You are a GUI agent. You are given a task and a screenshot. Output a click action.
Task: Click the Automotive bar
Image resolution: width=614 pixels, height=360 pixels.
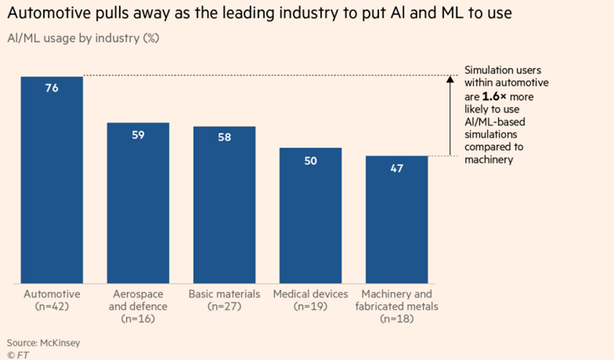52,185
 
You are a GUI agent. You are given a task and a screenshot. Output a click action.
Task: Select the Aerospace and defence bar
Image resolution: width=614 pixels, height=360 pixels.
138,206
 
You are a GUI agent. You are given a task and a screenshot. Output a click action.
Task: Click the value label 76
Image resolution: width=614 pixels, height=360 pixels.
52,89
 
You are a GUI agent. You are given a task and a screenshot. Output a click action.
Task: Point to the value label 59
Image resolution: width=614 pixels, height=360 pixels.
138,135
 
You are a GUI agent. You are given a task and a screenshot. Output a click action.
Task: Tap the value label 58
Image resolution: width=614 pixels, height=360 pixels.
224,138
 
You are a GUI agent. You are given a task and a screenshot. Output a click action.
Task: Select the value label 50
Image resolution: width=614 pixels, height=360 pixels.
310,160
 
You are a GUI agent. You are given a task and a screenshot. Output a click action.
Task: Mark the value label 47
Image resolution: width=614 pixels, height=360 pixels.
397,169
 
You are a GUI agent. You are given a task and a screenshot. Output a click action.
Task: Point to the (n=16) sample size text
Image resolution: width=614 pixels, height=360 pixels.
138,320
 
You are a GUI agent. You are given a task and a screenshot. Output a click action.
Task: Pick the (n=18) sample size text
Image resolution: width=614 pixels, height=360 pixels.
397,320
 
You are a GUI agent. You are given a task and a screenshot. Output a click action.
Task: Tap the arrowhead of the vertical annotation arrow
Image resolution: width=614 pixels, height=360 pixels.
449,80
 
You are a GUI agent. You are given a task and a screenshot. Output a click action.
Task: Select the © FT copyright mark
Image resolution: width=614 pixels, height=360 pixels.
17,353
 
